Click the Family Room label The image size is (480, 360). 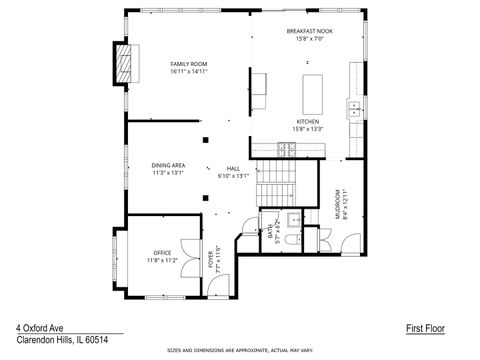coord(188,64)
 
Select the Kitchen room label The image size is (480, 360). coord(306,121)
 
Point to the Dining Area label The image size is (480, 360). coord(168,164)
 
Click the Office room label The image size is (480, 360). coord(162,252)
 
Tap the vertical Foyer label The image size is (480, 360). coord(212,259)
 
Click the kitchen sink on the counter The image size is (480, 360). coord(353,106)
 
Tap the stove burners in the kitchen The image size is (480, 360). coord(286,149)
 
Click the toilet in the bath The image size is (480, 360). coord(291,239)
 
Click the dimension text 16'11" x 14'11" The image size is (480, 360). coord(188,72)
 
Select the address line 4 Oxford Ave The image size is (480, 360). coord(39,326)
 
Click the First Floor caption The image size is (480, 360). coord(425,327)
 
